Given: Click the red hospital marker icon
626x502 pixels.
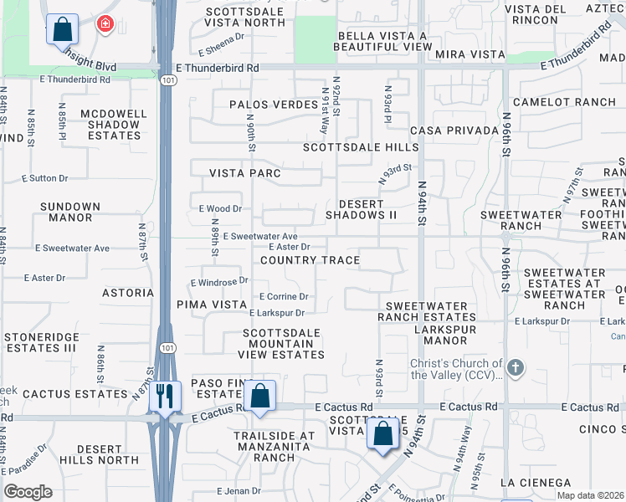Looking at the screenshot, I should coord(105,23).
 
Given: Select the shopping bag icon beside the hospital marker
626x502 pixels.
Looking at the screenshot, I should coord(62,29).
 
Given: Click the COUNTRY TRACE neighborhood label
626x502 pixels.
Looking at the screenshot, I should coord(310,260).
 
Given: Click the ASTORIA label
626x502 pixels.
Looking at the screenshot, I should coord(128,293).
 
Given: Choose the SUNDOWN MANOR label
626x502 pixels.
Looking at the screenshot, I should coord(70,212).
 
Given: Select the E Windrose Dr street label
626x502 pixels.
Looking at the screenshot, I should coord(219,282).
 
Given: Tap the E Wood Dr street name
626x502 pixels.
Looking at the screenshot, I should coord(220,208).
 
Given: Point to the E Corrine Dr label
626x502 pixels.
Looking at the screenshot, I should coord(284,296).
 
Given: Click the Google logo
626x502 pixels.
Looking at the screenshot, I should coord(28,491).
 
